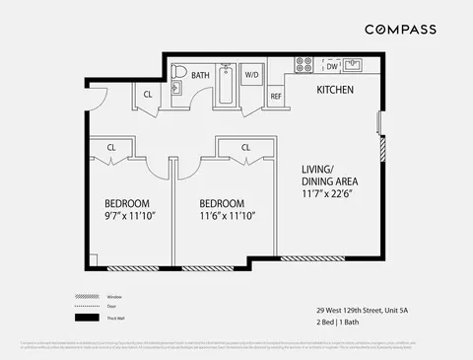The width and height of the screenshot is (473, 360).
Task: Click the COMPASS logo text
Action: click(x=400, y=30)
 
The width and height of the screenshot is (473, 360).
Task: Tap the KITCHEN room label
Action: click(x=336, y=90)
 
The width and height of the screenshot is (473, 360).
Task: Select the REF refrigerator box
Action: click(x=276, y=96)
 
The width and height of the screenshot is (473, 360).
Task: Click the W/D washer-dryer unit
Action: click(x=251, y=75)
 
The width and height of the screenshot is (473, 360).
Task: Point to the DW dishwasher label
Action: click(x=332, y=66)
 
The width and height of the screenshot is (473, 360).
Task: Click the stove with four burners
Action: click(x=304, y=66)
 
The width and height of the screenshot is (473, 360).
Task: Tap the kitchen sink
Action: click(x=356, y=66)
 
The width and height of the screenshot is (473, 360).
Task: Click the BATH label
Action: click(x=200, y=75)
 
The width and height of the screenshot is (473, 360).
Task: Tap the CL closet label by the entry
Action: click(x=147, y=95)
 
